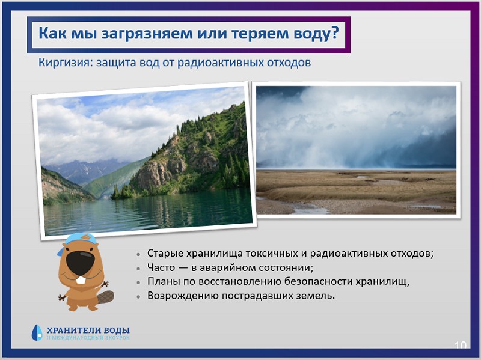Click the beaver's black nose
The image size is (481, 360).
coord(81,263)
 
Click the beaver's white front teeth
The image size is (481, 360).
coord(81,280)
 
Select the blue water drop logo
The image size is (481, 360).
coord(37,333)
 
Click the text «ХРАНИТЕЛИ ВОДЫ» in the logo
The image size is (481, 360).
coord(88,331)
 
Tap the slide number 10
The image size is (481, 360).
coord(460,346)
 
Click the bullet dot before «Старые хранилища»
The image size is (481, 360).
coord(139,254)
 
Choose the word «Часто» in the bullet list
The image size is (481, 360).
coord(161,267)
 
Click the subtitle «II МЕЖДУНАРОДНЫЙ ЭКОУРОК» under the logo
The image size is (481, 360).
coord(88,338)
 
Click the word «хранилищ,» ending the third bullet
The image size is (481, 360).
coord(382,282)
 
